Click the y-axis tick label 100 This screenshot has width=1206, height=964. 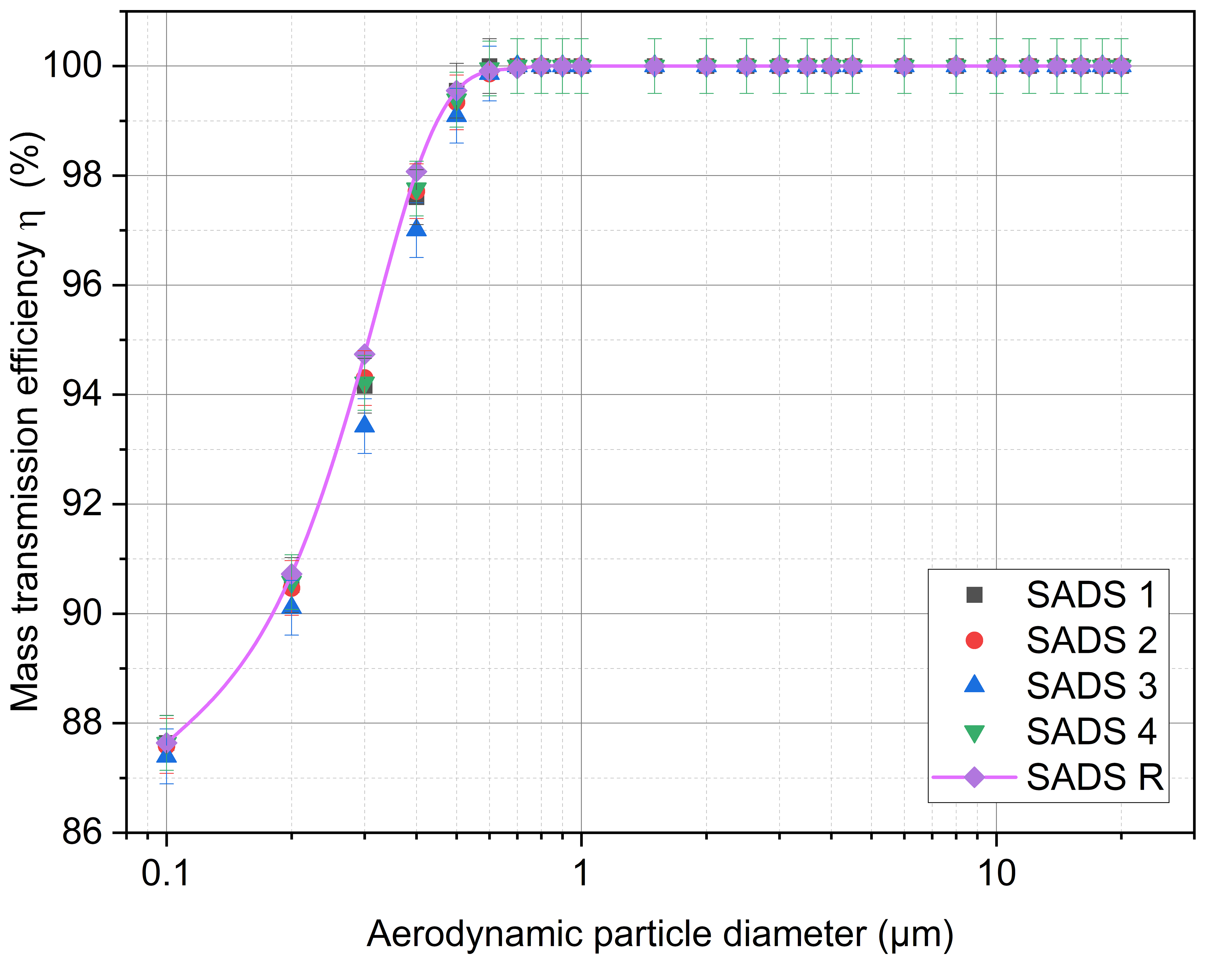click(x=73, y=66)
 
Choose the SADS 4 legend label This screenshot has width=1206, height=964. click(x=1091, y=731)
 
